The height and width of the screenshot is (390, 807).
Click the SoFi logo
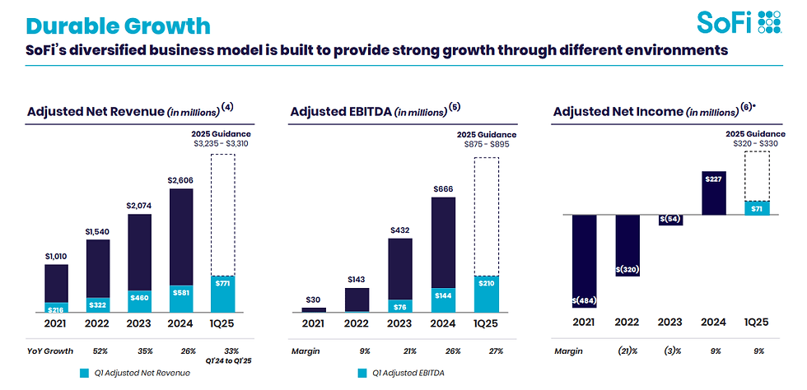point(739,22)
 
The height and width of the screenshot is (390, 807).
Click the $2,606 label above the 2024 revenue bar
point(181,180)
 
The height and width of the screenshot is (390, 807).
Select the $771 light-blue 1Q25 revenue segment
point(222,295)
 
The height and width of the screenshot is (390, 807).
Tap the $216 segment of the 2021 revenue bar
point(56,307)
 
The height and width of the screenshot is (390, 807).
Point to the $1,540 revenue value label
point(98,231)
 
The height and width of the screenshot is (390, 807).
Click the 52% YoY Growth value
point(100,351)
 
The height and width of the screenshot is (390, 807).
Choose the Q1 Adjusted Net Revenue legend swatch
point(84,373)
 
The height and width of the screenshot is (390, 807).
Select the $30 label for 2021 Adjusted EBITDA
point(314,299)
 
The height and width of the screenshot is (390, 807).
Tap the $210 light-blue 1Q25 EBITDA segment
point(487,295)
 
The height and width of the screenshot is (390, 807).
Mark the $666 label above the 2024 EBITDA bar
point(444,189)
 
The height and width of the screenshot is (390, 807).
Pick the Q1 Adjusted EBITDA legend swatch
point(362,373)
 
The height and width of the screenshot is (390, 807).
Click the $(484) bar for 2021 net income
point(584,261)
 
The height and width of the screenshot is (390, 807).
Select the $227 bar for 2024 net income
point(714,193)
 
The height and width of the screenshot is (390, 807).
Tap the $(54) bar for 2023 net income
point(670,220)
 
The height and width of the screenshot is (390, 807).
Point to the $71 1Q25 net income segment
point(757,208)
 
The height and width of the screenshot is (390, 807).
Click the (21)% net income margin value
point(627,351)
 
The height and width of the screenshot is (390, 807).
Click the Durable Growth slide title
point(118,26)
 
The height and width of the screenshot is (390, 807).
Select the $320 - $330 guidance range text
point(756,144)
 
